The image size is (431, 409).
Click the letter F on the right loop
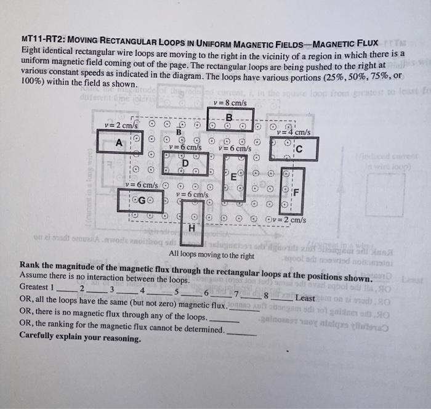pyautogui.click(x=295, y=190)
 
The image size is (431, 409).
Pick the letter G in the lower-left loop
pyautogui.click(x=142, y=200)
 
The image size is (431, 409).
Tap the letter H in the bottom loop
pyautogui.click(x=191, y=228)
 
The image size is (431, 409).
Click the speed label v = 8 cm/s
pyautogui.click(x=230, y=103)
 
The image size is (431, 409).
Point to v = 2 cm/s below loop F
pyautogui.click(x=289, y=220)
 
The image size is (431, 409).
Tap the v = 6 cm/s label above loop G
pyautogui.click(x=141, y=185)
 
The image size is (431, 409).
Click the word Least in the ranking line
pyautogui.click(x=305, y=298)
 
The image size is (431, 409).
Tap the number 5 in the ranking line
pyautogui.click(x=176, y=291)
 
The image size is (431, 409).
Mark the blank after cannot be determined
pyautogui.click(x=241, y=331)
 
